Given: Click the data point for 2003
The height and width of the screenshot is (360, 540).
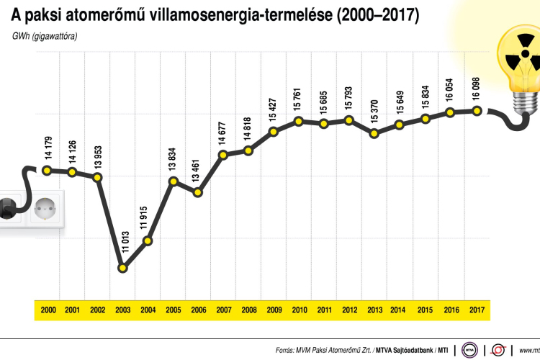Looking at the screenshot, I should pos(123,269).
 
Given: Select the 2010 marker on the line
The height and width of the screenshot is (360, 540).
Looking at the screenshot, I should pos(299,121).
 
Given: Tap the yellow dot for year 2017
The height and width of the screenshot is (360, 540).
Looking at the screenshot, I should pos(477,110).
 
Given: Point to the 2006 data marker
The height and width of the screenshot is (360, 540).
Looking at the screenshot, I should pos(198,192).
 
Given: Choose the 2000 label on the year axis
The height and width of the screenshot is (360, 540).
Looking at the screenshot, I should pos(48,310).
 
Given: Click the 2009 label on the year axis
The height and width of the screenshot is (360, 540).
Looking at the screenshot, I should pos(274,310).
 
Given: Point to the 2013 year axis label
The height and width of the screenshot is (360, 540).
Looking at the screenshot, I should pos(374,310).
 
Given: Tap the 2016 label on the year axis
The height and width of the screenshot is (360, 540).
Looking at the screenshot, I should pos(451,310).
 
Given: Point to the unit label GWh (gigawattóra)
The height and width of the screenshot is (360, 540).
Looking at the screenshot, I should pos(45,35).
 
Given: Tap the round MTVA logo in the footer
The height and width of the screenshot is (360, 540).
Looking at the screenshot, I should pos(470,350).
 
